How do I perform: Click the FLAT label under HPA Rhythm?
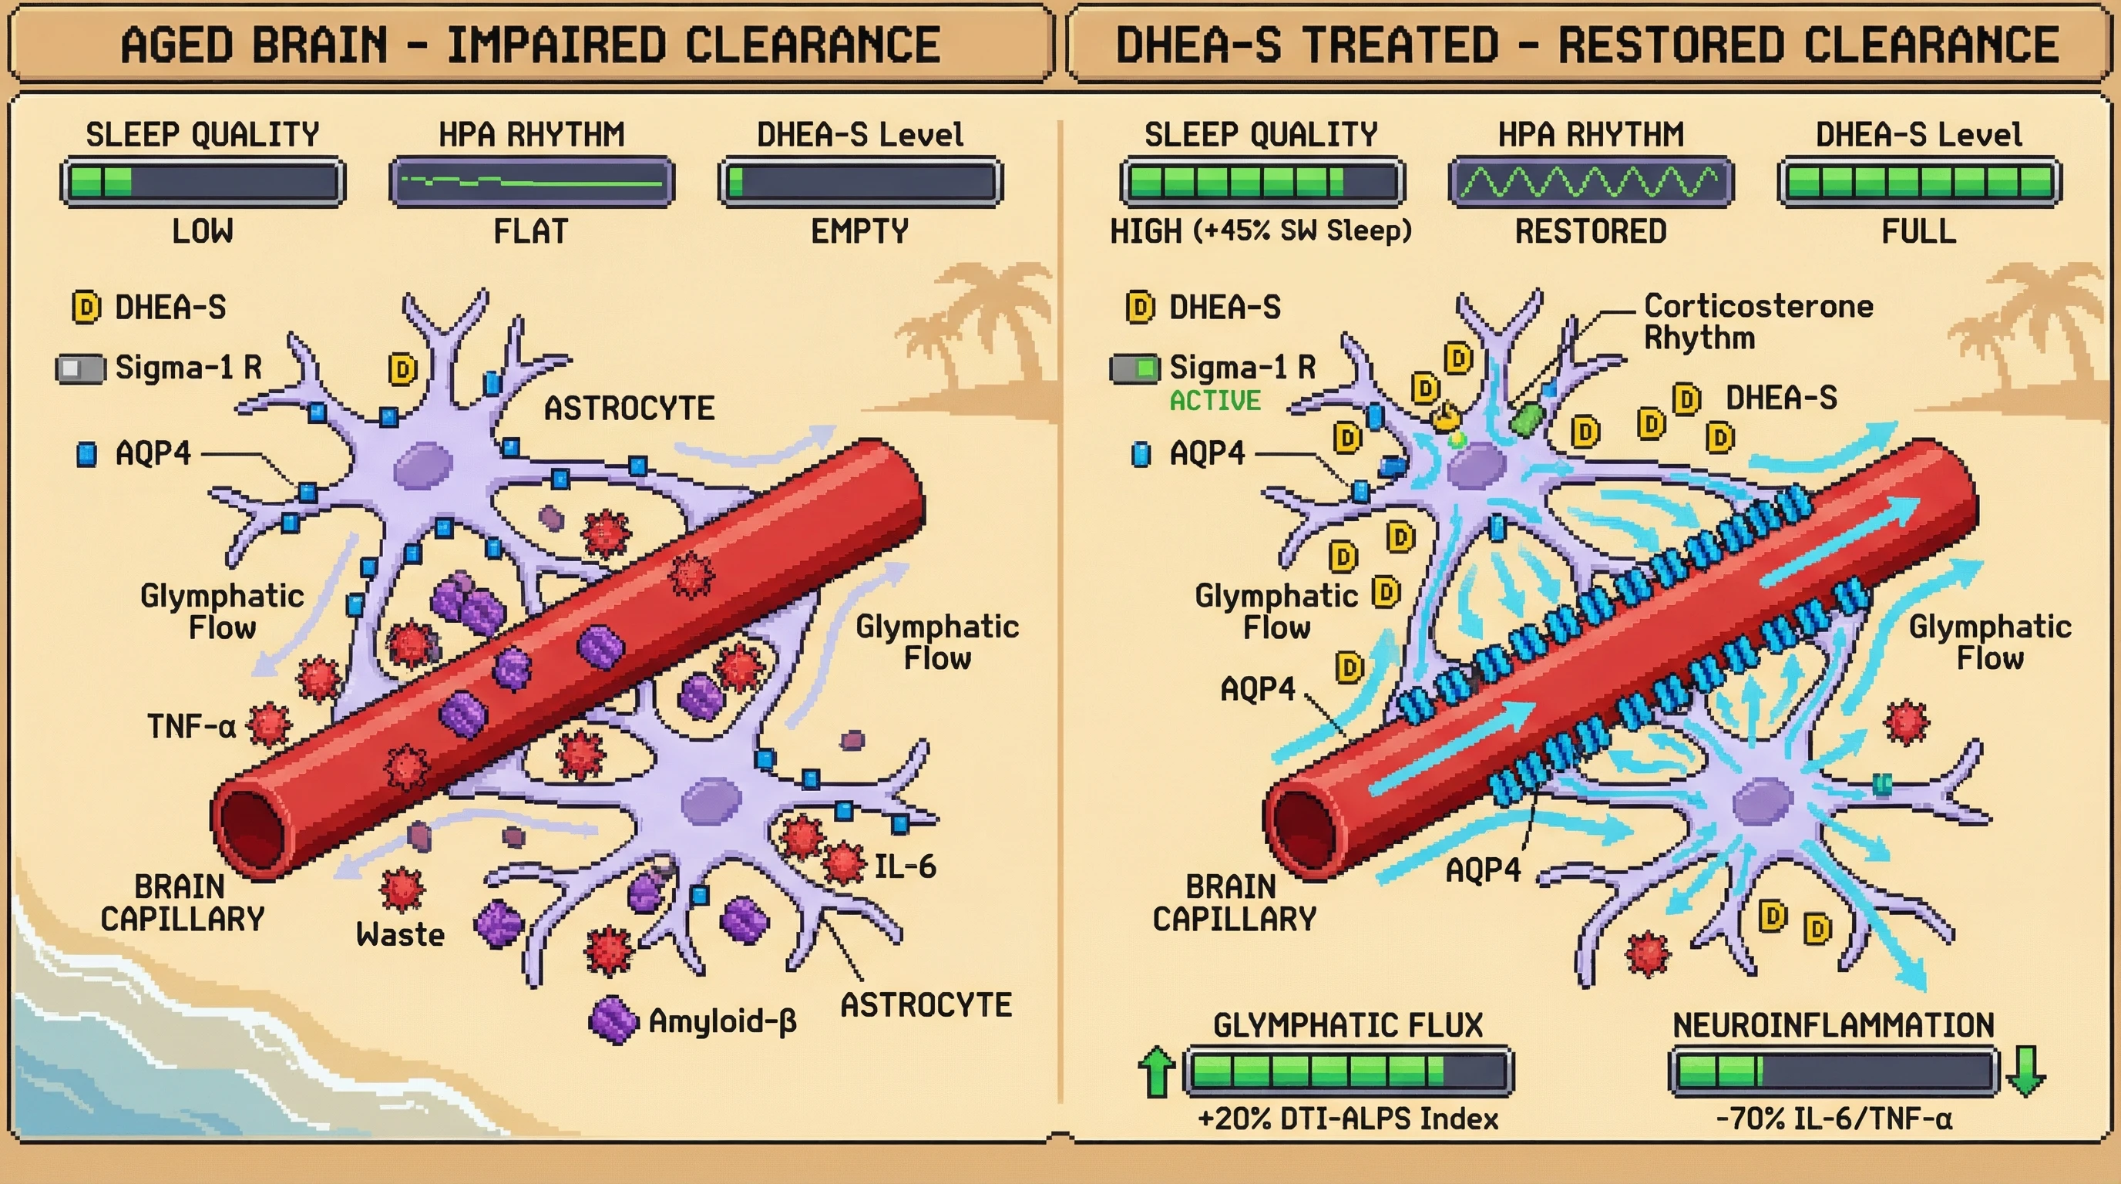tap(530, 231)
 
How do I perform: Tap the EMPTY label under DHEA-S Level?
tap(859, 231)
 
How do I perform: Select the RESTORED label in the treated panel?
tap(1590, 231)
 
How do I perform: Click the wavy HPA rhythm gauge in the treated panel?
tap(1590, 182)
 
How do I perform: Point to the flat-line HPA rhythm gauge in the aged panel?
tap(531, 182)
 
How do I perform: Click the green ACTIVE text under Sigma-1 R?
tap(1215, 401)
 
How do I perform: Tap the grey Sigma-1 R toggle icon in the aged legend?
tap(81, 369)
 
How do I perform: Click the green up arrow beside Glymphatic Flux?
tap(1156, 1072)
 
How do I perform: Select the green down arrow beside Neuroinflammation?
tap(2026, 1071)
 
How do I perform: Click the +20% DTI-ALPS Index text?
tap(1347, 1119)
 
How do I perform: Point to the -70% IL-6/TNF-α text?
tap(1834, 1119)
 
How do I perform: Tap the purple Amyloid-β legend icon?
tap(613, 1021)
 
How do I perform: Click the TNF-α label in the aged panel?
tap(191, 727)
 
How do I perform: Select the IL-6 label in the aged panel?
tap(904, 866)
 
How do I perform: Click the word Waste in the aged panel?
tap(400, 934)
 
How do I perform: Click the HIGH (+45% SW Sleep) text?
tap(1261, 231)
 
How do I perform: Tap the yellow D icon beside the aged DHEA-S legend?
tap(86, 308)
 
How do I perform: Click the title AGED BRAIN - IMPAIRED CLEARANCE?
tap(530, 45)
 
